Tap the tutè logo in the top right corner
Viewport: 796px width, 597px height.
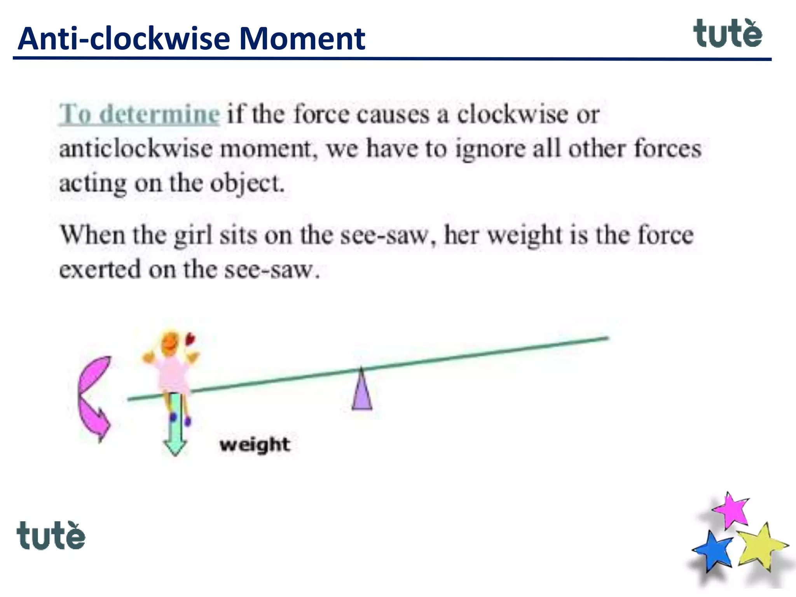click(727, 34)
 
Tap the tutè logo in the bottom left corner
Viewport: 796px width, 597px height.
click(51, 536)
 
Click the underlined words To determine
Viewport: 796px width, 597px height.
click(139, 114)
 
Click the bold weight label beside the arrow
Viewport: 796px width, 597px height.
click(255, 444)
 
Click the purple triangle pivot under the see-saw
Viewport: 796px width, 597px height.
click(362, 393)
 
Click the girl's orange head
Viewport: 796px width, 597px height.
click(170, 344)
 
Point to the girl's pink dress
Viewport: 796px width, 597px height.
click(172, 373)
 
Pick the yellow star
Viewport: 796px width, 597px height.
click(759, 545)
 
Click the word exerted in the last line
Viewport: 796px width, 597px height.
click(99, 270)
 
